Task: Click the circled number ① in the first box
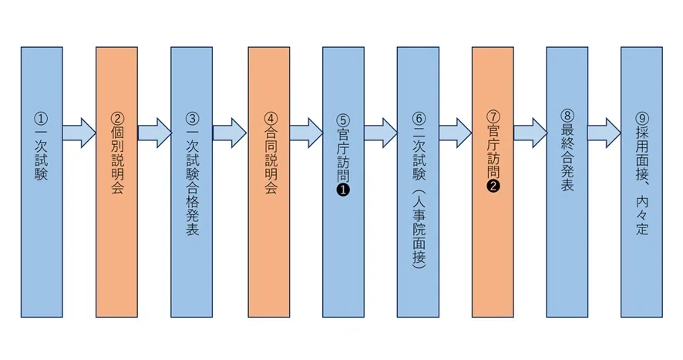click(x=42, y=119)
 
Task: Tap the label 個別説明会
click(x=117, y=160)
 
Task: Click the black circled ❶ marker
click(x=343, y=190)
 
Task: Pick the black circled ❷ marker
click(x=493, y=186)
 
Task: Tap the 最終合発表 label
click(x=567, y=157)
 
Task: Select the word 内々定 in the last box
click(x=642, y=216)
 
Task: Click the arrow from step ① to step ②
click(x=79, y=133)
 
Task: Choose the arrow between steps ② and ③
click(x=155, y=133)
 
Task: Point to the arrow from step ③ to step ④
click(x=230, y=133)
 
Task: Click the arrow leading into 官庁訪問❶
click(x=306, y=133)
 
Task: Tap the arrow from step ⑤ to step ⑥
click(x=381, y=133)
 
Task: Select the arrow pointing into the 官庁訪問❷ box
click(x=456, y=133)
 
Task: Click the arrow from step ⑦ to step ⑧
click(x=530, y=133)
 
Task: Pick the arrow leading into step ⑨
click(x=604, y=133)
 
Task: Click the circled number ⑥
click(x=419, y=119)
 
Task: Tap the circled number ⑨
click(x=642, y=119)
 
